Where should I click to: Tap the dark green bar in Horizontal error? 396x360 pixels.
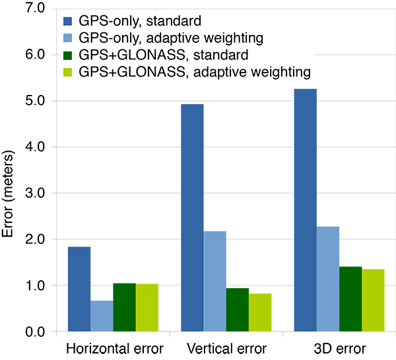124,307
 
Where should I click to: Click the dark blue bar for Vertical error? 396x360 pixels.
192,218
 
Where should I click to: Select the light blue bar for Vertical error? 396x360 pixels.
214,281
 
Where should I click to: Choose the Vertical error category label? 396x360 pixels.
227,348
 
